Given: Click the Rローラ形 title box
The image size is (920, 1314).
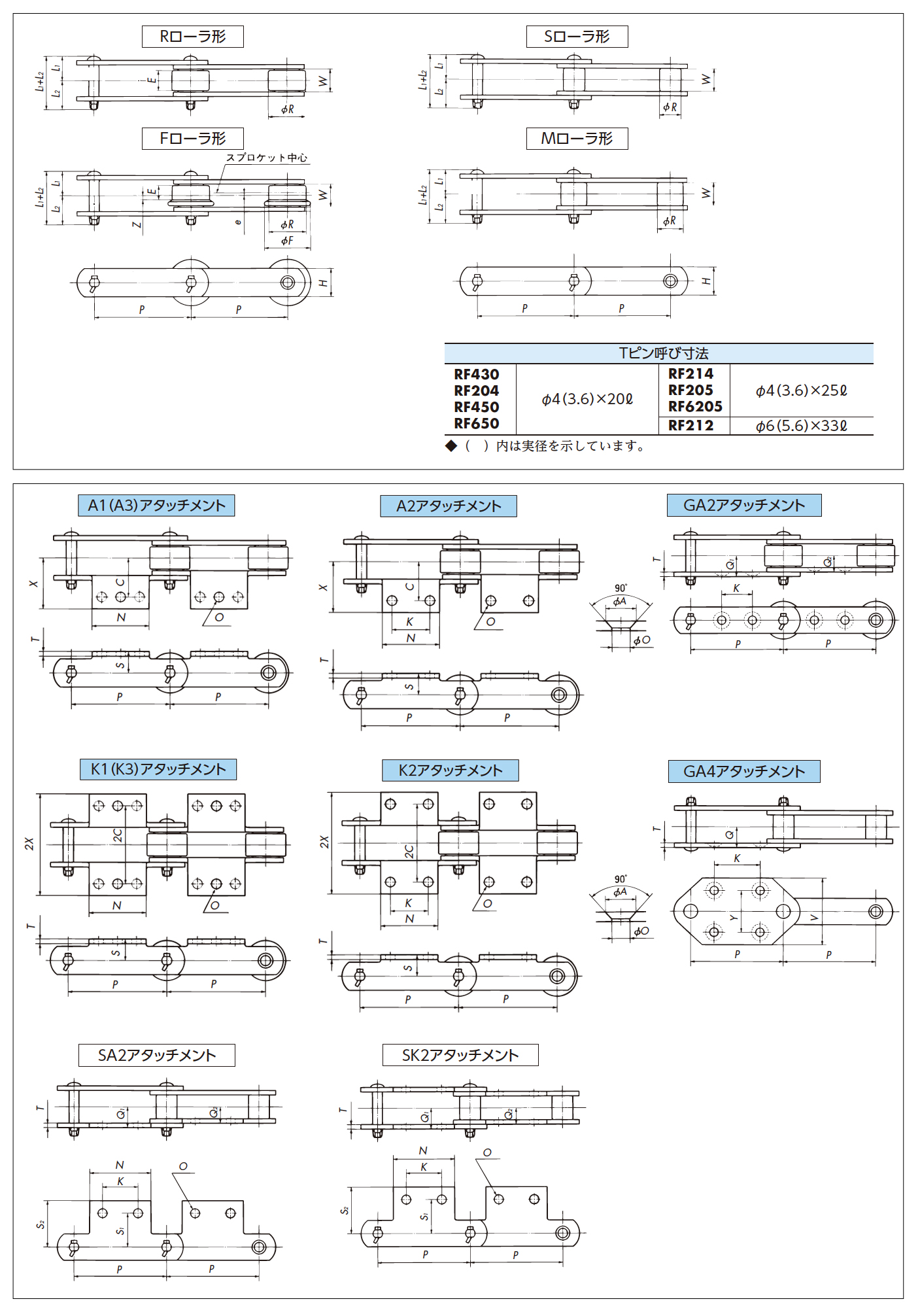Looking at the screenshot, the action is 192,37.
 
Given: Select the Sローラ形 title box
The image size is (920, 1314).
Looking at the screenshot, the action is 577,37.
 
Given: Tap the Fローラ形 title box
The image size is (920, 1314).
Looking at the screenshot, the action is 192,139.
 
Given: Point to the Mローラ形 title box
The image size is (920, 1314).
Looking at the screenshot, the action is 577,139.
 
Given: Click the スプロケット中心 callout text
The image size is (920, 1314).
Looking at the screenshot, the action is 267,158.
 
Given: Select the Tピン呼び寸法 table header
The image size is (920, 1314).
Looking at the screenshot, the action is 659,353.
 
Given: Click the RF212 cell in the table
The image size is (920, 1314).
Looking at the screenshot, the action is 690,426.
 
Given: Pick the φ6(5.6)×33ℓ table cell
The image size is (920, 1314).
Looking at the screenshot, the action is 801,426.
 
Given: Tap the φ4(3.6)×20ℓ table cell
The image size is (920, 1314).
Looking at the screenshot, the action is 587,399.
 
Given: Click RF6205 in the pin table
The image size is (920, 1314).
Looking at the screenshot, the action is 695,407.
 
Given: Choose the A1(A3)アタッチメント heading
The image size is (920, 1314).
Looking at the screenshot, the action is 156,506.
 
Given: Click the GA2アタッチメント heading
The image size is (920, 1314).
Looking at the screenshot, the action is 744,506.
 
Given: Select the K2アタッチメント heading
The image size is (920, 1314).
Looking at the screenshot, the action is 450,770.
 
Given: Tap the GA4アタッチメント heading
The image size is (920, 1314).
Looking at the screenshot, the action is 744,772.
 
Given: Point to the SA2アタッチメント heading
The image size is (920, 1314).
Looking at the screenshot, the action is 157,1056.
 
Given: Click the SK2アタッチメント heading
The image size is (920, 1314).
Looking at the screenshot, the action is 460,1056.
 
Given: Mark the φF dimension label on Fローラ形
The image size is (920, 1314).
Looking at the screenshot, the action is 287,241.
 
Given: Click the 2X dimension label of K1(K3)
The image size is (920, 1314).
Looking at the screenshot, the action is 29,844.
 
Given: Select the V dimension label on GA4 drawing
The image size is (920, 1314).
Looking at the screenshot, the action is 814,918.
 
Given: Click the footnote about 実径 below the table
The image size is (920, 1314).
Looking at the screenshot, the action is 547,446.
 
